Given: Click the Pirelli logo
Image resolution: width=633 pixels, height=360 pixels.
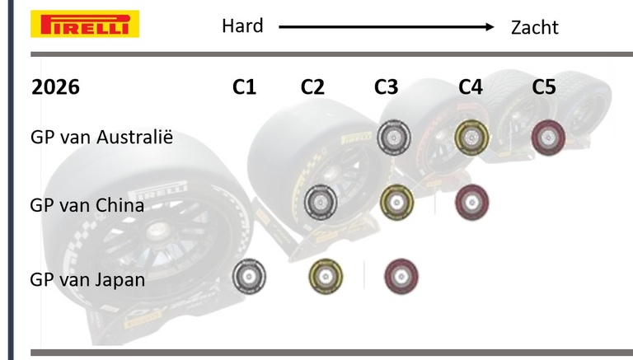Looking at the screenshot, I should point(85,24).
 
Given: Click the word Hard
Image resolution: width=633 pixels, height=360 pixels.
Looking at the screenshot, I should point(242,26).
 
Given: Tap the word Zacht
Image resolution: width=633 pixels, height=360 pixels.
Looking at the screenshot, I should point(534,27).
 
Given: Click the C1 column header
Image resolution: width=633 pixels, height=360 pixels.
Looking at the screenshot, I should point(245,87).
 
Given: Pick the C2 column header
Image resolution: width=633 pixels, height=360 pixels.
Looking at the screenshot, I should point(312,87).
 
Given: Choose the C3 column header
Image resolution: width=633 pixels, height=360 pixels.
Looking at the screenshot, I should point(386,87).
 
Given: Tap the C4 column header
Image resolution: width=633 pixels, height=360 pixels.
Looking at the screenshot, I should point(471,87).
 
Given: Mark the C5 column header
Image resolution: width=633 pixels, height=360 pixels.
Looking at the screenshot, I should point(544,87).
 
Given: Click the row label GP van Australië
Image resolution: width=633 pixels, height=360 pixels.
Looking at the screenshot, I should point(101,136).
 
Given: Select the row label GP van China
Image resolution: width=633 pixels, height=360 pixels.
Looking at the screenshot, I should point(87,205).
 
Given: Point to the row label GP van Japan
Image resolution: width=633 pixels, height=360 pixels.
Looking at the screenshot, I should point(87,279).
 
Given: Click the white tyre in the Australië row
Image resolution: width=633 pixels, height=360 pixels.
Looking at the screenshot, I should point(393,137).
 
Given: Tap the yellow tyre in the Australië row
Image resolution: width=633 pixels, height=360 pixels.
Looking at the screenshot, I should point(472,137).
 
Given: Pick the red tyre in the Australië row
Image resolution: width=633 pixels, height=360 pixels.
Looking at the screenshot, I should point(546,137).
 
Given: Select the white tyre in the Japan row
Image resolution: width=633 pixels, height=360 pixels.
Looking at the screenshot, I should point(249,277).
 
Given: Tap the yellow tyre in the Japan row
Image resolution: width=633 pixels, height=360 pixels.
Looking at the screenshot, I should point(326,277).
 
